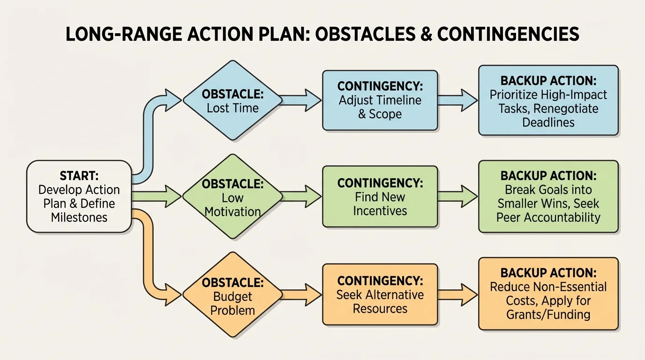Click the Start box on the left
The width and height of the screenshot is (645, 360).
79,196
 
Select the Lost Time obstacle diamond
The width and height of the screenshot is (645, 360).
232,100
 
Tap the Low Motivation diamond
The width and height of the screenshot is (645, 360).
232,196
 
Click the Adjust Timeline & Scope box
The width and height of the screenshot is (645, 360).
380,100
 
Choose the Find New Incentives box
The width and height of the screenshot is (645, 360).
380,196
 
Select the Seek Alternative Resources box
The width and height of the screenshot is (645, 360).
380,294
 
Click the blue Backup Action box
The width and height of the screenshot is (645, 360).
548,101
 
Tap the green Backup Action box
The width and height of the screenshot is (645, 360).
548,196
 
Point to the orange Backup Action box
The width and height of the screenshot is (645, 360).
548,294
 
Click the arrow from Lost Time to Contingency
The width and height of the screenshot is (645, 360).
301,100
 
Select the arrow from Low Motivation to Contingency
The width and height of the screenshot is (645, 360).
301,196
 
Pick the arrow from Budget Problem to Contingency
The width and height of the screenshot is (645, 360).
301,294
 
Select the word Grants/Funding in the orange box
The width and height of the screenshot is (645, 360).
548,314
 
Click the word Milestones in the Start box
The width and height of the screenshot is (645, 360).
79,217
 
